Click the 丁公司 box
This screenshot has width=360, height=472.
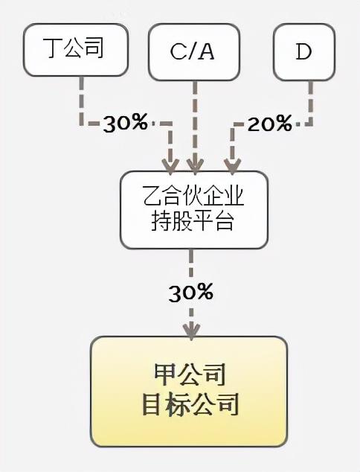click(x=76, y=50)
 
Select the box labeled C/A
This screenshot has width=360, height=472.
click(x=194, y=52)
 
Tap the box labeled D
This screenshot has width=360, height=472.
click(x=304, y=52)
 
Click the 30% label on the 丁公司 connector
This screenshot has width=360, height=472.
click(x=125, y=123)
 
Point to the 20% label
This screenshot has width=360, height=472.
click(x=269, y=123)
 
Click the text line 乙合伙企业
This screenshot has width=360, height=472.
click(x=193, y=197)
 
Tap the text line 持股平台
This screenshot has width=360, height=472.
click(x=193, y=220)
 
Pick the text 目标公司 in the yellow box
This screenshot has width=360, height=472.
click(x=190, y=404)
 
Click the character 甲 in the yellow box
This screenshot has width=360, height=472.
click(x=165, y=375)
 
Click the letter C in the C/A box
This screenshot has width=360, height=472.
click(x=179, y=52)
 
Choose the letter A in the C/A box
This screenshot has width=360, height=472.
click(x=206, y=52)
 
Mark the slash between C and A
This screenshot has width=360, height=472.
click(x=192, y=52)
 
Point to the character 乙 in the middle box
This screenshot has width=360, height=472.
click(x=153, y=197)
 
